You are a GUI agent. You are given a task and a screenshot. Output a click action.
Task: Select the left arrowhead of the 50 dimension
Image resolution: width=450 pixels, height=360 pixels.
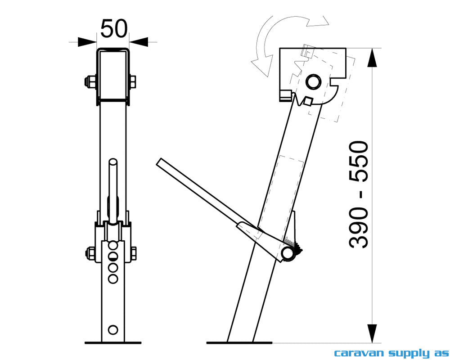pyautogui.click(x=87, y=42)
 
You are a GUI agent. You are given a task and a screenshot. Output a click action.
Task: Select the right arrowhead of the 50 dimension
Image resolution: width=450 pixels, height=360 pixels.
pyautogui.click(x=139, y=42)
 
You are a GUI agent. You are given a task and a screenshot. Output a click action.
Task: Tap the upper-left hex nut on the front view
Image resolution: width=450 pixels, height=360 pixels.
pyautogui.click(x=90, y=82)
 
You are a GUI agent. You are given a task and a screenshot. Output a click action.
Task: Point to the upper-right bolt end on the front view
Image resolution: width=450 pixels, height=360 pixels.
pyautogui.click(x=133, y=82)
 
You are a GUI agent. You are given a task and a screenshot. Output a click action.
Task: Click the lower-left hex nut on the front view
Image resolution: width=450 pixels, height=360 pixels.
pyautogui.click(x=90, y=253)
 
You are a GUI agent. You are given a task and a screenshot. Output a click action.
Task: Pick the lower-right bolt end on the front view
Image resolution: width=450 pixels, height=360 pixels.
pyautogui.click(x=134, y=253)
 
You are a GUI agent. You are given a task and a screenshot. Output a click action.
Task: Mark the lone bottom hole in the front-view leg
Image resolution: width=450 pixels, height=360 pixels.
pyautogui.click(x=113, y=329)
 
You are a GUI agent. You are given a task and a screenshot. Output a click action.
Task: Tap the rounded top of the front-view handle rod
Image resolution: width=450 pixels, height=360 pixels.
pyautogui.click(x=113, y=161)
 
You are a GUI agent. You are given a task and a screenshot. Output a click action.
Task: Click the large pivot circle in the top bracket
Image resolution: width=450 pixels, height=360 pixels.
pyautogui.click(x=313, y=81)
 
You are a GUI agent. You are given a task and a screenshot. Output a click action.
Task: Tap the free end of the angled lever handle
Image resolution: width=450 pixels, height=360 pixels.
pyautogui.click(x=160, y=163)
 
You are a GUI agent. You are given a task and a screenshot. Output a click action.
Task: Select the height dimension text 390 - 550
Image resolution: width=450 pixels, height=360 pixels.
pyautogui.click(x=359, y=194)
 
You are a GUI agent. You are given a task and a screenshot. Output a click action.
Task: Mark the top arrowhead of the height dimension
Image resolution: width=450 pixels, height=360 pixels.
pyautogui.click(x=372, y=58)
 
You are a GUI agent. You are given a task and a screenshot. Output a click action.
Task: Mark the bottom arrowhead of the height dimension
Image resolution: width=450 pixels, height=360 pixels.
pyautogui.click(x=372, y=333)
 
